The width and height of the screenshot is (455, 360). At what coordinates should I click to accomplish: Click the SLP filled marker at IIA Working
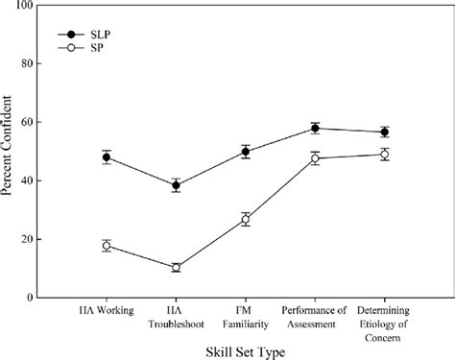pyautogui.click(x=107, y=157)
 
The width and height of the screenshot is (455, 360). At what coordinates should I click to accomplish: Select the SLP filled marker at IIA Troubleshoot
pyautogui.click(x=176, y=185)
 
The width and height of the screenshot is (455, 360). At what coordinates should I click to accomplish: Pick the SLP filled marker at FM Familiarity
pyautogui.click(x=245, y=152)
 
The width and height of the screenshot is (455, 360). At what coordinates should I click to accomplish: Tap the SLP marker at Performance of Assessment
pyautogui.click(x=314, y=128)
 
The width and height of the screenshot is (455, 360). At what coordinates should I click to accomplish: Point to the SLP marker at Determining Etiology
pyautogui.click(x=384, y=132)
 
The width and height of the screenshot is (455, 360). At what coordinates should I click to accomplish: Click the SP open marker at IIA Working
pyautogui.click(x=107, y=246)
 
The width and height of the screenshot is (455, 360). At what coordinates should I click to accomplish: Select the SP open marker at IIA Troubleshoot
pyautogui.click(x=176, y=268)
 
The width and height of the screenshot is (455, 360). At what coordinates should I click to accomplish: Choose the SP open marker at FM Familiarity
pyautogui.click(x=245, y=220)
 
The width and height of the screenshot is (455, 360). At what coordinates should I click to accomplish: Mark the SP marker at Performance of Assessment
pyautogui.click(x=314, y=158)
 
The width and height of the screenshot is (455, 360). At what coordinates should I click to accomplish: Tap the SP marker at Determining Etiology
pyautogui.click(x=384, y=155)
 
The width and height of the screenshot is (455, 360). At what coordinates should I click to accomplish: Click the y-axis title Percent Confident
pyautogui.click(x=9, y=152)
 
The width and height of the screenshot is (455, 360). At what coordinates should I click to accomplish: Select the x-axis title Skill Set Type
pyautogui.click(x=246, y=352)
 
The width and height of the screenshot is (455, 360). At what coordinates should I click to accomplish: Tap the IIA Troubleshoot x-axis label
pyautogui.click(x=176, y=316)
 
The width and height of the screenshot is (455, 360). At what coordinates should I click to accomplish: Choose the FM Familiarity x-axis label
pyautogui.click(x=245, y=316)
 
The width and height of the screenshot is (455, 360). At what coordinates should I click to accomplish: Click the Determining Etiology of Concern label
pyautogui.click(x=384, y=322)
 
